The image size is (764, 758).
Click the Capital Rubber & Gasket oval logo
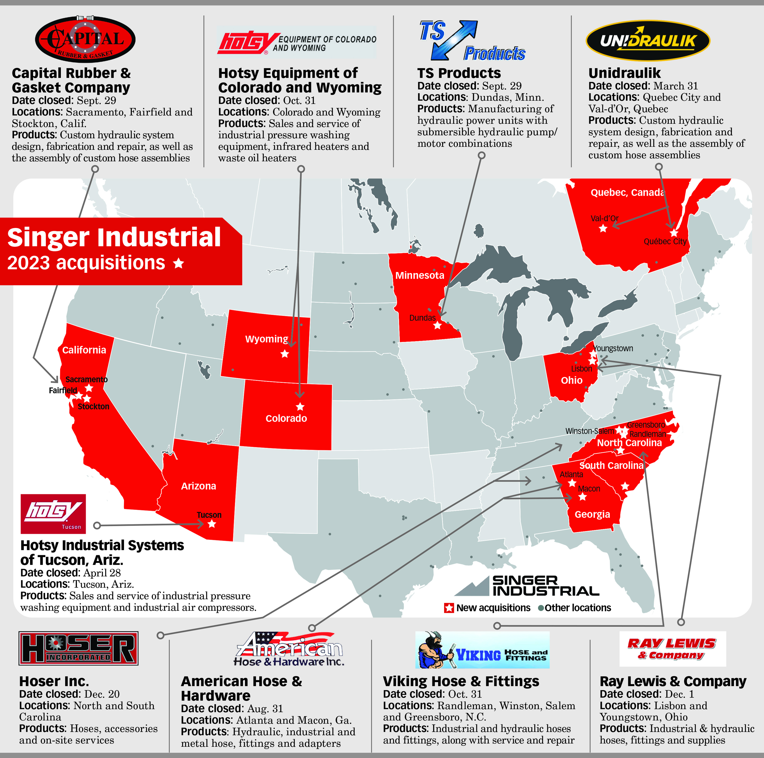click(x=85, y=39)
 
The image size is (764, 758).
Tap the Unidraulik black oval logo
click(x=648, y=41)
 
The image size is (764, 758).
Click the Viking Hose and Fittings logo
click(x=482, y=650)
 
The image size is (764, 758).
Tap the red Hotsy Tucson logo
click(x=53, y=514)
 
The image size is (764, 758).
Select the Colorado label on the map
click(x=286, y=418)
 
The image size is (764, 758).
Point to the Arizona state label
click(x=199, y=486)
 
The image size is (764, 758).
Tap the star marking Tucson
click(x=212, y=524)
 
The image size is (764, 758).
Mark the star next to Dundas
click(x=437, y=326)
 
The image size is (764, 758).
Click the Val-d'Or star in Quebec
click(x=603, y=228)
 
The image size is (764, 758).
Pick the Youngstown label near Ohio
click(x=613, y=348)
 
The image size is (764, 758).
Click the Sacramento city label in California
click(x=86, y=380)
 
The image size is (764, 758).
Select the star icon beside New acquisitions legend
click(x=449, y=608)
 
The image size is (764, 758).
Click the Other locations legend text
click(x=577, y=608)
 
